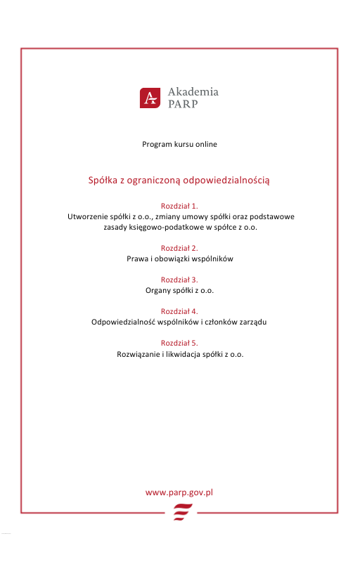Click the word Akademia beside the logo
[193, 91]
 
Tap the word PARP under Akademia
[183, 104]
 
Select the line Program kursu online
[179, 144]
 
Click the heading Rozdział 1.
[179, 207]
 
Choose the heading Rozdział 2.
[179, 248]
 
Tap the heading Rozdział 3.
[179, 280]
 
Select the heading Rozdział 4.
[179, 311]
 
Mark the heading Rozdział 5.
[179, 343]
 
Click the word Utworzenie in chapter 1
[87, 217]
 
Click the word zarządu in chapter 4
[254, 322]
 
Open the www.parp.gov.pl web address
[179, 492]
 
